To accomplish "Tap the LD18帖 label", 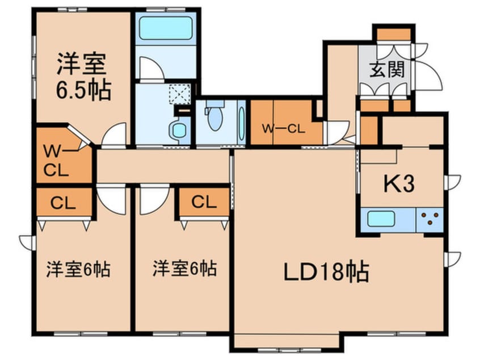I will pyautogui.click(x=326, y=272).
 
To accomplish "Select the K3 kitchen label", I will pyautogui.click(x=401, y=183).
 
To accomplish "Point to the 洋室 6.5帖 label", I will pyautogui.click(x=82, y=77).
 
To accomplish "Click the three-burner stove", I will pyautogui.click(x=430, y=219).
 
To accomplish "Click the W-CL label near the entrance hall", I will pyautogui.click(x=283, y=128).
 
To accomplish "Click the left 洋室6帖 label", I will pyautogui.click(x=78, y=268).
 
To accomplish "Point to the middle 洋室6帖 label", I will pyautogui.click(x=184, y=268).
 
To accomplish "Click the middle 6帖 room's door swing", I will pyautogui.click(x=153, y=200).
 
